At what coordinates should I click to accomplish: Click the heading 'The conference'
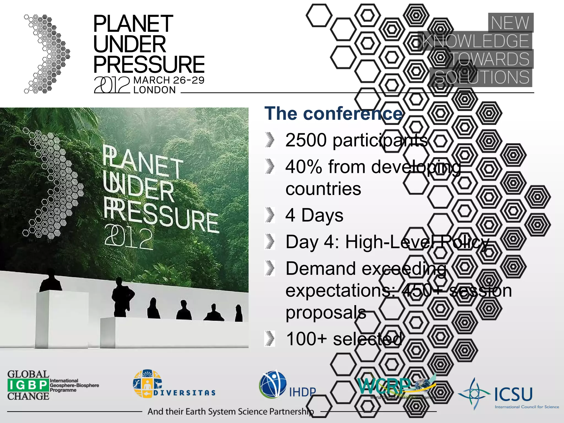tap(333, 114)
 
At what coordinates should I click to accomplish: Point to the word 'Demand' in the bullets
tap(321, 269)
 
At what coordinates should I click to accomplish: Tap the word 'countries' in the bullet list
tap(323, 189)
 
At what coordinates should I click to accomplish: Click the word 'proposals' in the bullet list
tap(326, 312)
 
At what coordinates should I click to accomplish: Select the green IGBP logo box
tap(28, 385)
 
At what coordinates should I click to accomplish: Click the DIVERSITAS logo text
tap(184, 393)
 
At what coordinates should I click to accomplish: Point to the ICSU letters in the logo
tap(513, 394)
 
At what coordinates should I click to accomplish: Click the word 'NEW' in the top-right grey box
tap(510, 23)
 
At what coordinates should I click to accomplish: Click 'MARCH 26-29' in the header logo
tap(169, 80)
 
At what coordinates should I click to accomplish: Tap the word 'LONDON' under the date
tap(154, 90)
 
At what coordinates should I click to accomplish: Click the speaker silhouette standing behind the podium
tap(51, 280)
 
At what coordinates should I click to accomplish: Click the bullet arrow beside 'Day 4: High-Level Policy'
tap(270, 242)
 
